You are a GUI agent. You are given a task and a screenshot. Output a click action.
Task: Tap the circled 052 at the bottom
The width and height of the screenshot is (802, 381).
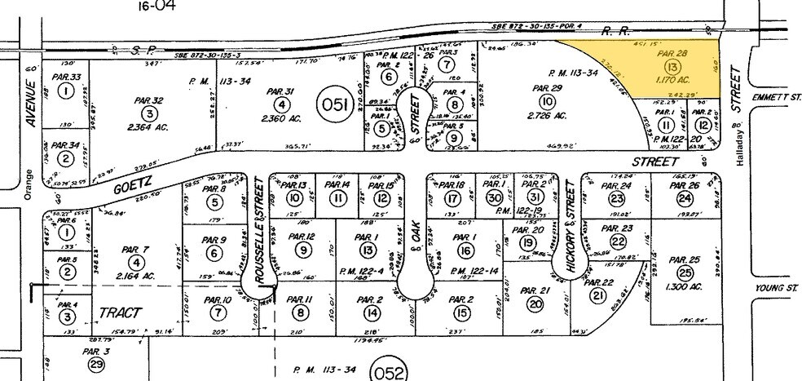(x=387, y=373)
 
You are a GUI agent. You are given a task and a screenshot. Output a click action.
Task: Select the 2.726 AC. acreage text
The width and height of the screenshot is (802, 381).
(x=546, y=113)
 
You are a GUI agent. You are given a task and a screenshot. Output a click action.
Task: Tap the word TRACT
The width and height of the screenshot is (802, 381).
(x=120, y=313)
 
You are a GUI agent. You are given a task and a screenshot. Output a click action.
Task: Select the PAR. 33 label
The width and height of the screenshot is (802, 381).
(x=66, y=78)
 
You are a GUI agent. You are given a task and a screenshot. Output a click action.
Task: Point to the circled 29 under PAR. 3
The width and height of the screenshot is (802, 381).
(x=96, y=365)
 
